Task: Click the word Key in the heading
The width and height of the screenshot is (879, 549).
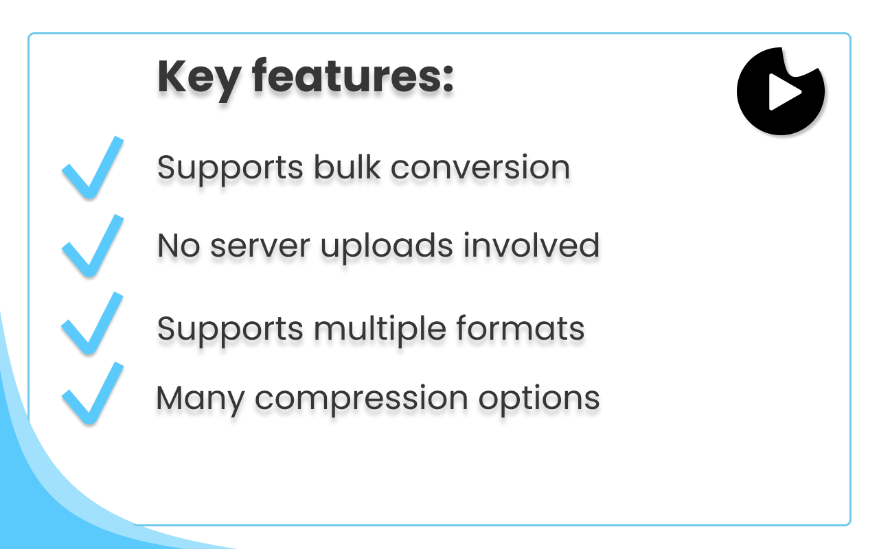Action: [x=199, y=79]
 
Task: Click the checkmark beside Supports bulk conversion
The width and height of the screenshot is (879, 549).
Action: [x=93, y=167]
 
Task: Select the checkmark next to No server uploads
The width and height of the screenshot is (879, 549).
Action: [x=93, y=246]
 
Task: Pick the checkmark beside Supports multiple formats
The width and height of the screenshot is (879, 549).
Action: [x=92, y=323]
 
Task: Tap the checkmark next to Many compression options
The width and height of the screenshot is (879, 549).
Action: [x=93, y=393]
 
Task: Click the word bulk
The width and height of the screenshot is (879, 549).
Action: [x=347, y=167]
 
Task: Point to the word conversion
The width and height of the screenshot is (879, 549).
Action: [x=480, y=168]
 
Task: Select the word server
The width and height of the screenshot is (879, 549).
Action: [x=260, y=246]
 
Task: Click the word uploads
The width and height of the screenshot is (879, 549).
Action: [x=387, y=248]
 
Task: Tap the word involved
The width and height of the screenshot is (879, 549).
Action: [x=532, y=246]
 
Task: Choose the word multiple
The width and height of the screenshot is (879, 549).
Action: [x=380, y=330]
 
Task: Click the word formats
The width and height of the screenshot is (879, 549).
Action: [x=521, y=328]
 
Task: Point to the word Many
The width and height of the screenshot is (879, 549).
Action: [x=201, y=400]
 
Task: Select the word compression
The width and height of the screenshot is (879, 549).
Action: [x=361, y=400]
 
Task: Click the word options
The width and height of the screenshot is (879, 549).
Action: [x=539, y=399]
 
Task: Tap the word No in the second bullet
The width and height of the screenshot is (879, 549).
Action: [x=179, y=246]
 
